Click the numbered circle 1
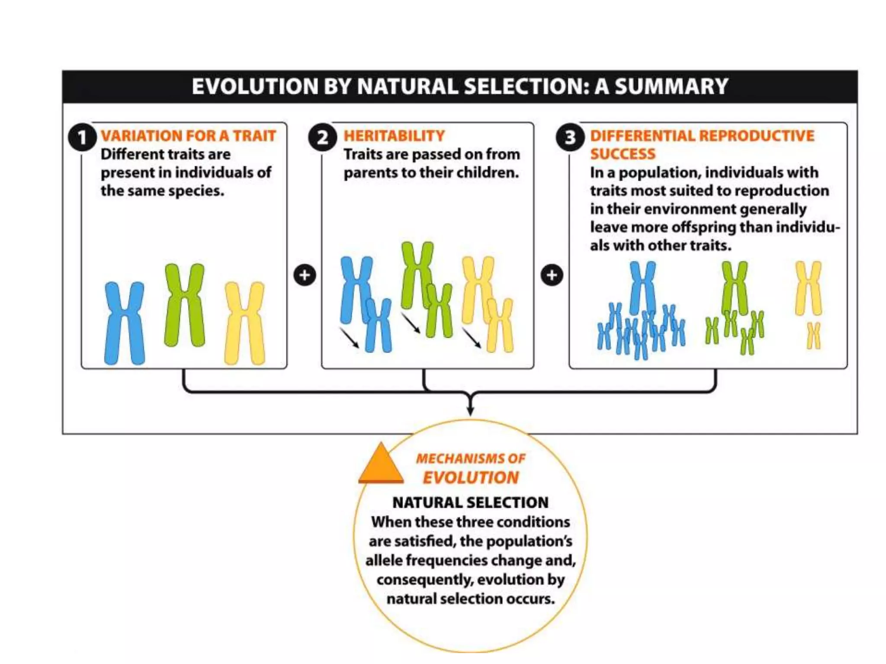click(x=82, y=137)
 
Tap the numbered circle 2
click(x=322, y=137)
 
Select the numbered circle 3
click(x=570, y=137)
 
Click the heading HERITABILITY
click(x=394, y=136)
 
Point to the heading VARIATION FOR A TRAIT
click(x=188, y=136)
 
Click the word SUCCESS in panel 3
click(x=623, y=154)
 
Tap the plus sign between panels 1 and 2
click(x=305, y=275)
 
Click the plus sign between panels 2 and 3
click(x=552, y=275)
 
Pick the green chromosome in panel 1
click(x=185, y=305)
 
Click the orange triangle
click(x=381, y=465)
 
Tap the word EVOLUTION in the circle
click(x=470, y=478)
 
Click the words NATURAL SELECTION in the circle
click(x=470, y=502)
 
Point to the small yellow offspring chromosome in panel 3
click(x=813, y=335)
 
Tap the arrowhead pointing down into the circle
click(x=470, y=410)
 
